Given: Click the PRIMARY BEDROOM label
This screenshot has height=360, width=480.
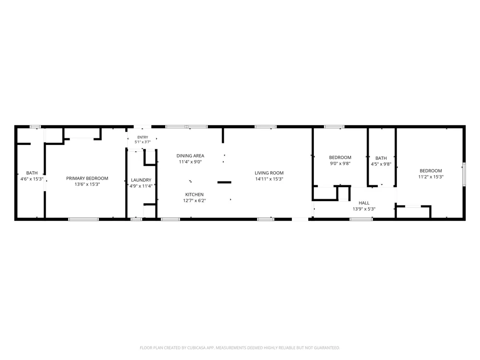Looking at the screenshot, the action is [87, 178].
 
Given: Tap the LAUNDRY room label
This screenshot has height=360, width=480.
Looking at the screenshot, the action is [141, 180].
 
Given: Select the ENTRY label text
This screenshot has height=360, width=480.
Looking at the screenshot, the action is [143, 137].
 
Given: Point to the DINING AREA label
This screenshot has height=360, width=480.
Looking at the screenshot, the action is [190, 156].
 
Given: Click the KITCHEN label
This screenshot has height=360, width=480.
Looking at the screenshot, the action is [194, 194].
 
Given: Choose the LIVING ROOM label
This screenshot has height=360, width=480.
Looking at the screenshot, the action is [269, 173].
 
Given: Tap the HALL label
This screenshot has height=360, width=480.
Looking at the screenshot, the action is [364, 203].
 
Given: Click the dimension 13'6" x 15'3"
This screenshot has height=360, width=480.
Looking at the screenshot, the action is [87, 184].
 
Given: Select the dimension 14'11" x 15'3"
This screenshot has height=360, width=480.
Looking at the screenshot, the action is [269, 179].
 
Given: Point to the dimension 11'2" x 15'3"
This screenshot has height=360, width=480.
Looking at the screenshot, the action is [431, 177].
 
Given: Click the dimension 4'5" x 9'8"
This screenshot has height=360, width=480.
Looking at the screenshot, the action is [381, 164].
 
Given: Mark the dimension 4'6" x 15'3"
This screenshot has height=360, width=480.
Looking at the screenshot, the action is [32, 179].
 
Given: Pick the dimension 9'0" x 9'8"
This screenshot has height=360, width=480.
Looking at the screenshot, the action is [340, 164].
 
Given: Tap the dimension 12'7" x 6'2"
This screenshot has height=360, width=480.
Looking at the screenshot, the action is [194, 201].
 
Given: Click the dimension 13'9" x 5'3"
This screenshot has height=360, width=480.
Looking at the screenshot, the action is [364, 209].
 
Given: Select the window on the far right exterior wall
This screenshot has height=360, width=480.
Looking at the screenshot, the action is [464, 174].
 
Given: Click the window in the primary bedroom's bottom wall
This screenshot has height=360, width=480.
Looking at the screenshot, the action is [83, 219].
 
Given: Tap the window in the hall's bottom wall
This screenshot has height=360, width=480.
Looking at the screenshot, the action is [361, 219].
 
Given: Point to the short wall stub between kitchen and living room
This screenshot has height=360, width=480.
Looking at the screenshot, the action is [224, 182].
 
